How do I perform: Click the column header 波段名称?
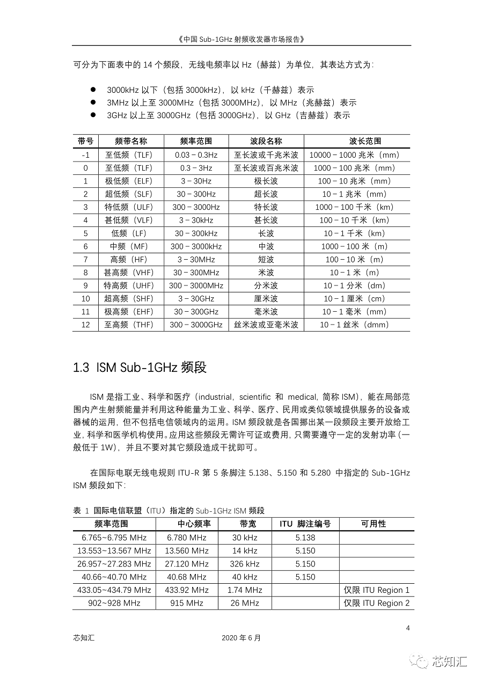[x=266, y=141]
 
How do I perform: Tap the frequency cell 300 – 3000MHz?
[x=196, y=285]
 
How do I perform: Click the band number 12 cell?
[x=85, y=325]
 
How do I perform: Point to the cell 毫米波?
[x=266, y=312]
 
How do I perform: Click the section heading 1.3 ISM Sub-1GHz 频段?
[x=140, y=368]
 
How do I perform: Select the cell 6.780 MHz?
[x=186, y=538]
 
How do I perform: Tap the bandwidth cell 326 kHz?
[x=244, y=564]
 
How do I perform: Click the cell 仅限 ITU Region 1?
[x=377, y=590]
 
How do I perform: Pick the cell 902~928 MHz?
[x=114, y=603]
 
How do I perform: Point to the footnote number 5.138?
[x=305, y=538]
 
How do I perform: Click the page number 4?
[x=408, y=628]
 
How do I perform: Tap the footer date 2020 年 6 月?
[x=241, y=638]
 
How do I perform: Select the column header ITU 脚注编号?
[x=305, y=524]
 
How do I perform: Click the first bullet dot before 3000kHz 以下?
[x=93, y=90]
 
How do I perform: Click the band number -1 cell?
[x=85, y=155]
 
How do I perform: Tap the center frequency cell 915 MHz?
[x=186, y=603]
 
